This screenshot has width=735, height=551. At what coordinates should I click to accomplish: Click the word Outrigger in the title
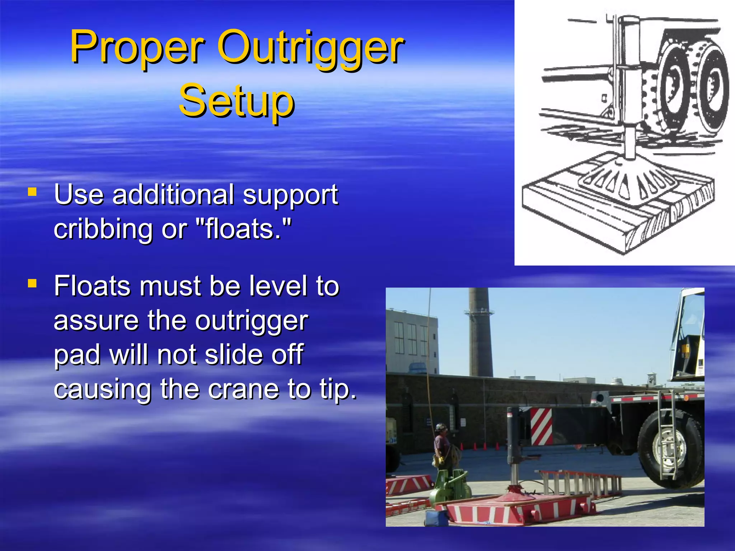(310, 47)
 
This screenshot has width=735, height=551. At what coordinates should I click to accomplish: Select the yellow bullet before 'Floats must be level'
(32, 284)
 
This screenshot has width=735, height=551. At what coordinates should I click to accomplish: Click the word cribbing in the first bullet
(103, 229)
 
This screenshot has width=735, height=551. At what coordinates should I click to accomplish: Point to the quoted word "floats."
(244, 229)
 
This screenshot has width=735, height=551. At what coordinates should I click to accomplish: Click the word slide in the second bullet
(235, 354)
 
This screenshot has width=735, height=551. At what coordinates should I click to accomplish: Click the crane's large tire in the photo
(669, 448)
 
